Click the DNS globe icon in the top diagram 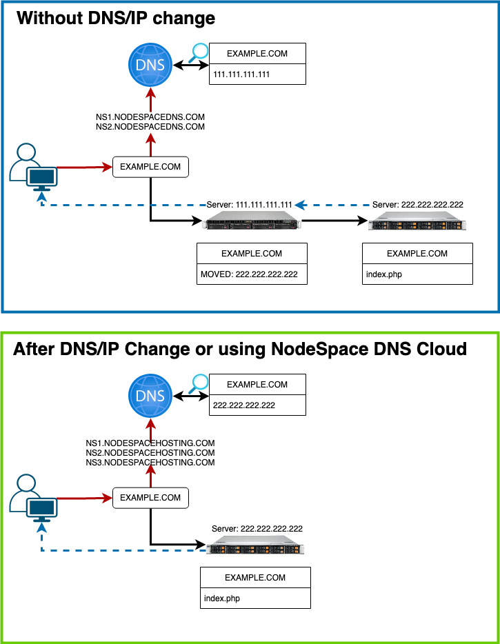[150, 66]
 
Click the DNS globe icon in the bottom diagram [150, 396]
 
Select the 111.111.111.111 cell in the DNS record [257, 74]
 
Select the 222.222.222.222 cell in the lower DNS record [257, 405]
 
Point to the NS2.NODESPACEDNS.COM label [150, 127]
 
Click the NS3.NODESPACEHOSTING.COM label [150, 463]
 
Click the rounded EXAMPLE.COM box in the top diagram [150, 167]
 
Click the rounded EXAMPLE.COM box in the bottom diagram [150, 497]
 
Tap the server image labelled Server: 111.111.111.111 [253, 222]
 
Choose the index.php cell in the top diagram [417, 274]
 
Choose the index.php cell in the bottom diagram [255, 598]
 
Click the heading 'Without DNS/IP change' [116, 18]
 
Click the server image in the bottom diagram [256, 548]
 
